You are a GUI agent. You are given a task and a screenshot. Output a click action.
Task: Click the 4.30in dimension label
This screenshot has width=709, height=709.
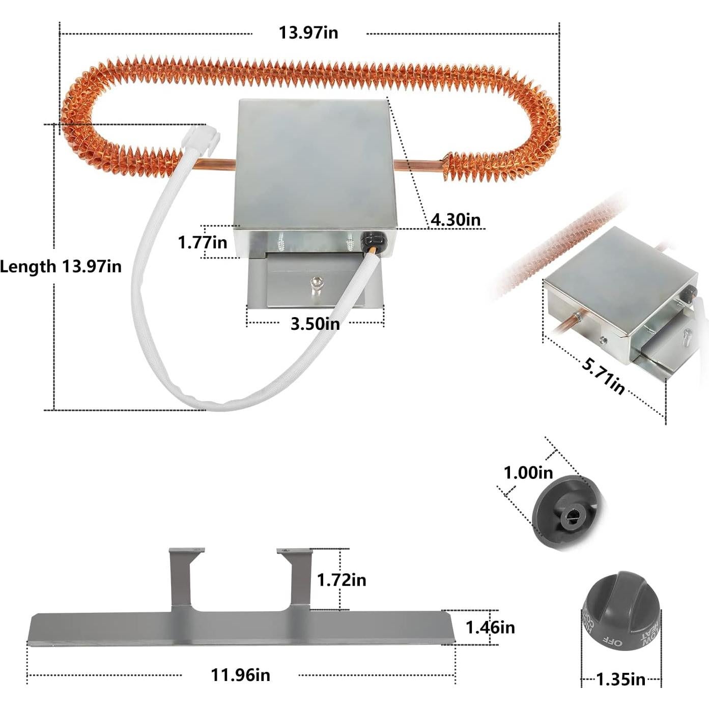[x=455, y=219]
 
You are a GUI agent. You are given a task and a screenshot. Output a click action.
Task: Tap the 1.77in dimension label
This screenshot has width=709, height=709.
[x=202, y=242]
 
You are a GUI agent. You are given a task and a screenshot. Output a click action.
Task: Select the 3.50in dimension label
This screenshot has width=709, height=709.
[x=315, y=323]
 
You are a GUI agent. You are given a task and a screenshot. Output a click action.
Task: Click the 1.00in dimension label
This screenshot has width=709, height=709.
[x=528, y=472]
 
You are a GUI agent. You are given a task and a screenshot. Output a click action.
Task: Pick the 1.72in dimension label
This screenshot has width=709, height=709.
[x=341, y=580]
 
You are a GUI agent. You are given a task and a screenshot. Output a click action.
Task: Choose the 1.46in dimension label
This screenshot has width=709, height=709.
[x=490, y=628]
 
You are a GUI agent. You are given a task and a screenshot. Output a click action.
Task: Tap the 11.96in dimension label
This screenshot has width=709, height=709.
[x=240, y=675]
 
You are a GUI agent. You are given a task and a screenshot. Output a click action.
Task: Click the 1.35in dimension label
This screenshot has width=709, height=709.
[x=620, y=679]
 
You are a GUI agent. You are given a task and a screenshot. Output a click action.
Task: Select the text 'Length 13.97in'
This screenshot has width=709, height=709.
[x=61, y=266]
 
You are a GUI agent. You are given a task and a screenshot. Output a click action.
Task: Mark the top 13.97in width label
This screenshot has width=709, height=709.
[x=308, y=33]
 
